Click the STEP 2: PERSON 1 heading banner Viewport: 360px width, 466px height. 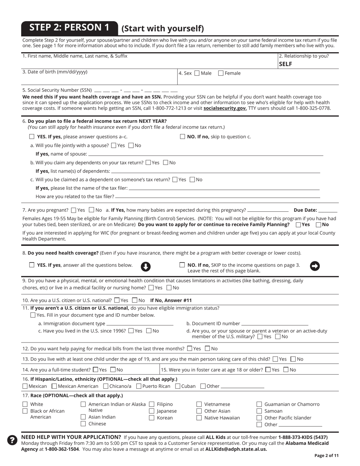(x=69, y=27)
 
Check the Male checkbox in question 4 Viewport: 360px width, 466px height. (x=197, y=73)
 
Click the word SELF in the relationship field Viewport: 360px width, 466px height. (x=285, y=64)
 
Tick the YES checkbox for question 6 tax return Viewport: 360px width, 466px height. (x=32, y=137)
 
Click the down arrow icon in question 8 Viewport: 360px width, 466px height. (x=146, y=267)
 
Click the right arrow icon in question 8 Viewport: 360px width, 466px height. (x=315, y=266)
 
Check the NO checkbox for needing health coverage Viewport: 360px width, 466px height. (x=182, y=265)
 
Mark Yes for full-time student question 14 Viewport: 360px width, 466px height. (x=95, y=370)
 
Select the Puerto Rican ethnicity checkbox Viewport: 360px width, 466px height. (x=138, y=386)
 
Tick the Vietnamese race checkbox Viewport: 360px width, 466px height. (x=199, y=404)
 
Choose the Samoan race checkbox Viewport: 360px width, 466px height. (x=259, y=411)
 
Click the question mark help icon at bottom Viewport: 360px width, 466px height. (x=13, y=440)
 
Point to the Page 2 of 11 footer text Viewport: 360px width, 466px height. (x=326, y=456)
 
